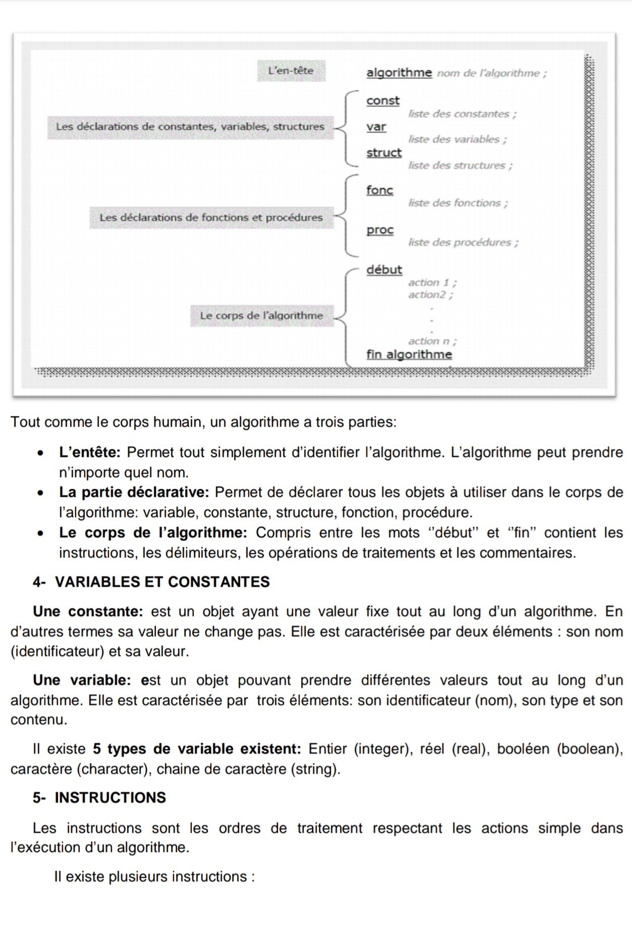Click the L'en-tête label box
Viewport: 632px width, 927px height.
(x=291, y=71)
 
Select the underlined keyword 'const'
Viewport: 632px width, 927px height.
(x=383, y=100)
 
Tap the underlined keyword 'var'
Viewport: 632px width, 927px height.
(x=376, y=127)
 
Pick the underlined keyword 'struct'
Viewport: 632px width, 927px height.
(x=384, y=152)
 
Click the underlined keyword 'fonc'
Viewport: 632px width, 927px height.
(x=379, y=190)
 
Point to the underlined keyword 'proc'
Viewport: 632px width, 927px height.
(x=380, y=230)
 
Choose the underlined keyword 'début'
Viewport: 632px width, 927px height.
(x=384, y=270)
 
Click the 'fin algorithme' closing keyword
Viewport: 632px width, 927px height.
(x=409, y=354)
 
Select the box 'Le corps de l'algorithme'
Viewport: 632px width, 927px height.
(x=261, y=316)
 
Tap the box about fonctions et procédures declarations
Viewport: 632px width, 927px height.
(x=211, y=218)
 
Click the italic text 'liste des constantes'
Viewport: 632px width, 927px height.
(x=462, y=114)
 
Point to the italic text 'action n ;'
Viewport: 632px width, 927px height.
(x=432, y=341)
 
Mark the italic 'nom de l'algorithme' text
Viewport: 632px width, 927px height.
(x=491, y=73)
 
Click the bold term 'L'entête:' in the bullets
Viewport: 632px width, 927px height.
(x=90, y=452)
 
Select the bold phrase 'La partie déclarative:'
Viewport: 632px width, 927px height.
(x=134, y=492)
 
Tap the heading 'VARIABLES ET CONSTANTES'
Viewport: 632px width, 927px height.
(x=162, y=582)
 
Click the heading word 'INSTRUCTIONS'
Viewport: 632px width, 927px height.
(x=110, y=797)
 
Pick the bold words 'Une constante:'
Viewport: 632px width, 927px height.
(x=88, y=611)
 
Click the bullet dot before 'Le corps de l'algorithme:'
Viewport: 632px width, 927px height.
(x=40, y=533)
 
